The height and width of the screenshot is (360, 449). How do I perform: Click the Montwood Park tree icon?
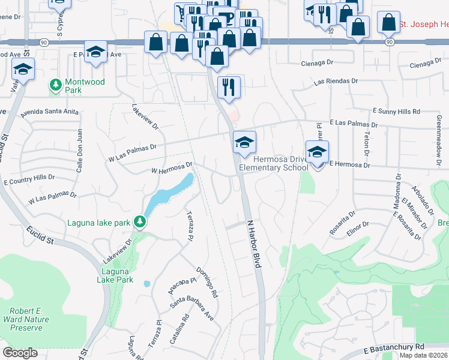click(x=56, y=85)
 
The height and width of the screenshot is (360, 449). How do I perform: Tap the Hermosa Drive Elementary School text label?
click(x=273, y=163)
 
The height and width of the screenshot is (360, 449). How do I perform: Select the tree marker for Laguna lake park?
click(x=139, y=222)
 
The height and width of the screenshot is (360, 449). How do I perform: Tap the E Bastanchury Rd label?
click(x=394, y=347)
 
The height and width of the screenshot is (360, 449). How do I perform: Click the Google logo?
click(x=20, y=353)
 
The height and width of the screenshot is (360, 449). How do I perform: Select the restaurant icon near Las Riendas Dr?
click(x=229, y=86)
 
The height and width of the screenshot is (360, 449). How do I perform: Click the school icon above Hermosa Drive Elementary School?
click(x=244, y=142)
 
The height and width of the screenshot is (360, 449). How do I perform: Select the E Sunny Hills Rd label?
click(x=396, y=112)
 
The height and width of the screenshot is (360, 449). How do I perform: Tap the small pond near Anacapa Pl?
click(x=147, y=283)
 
